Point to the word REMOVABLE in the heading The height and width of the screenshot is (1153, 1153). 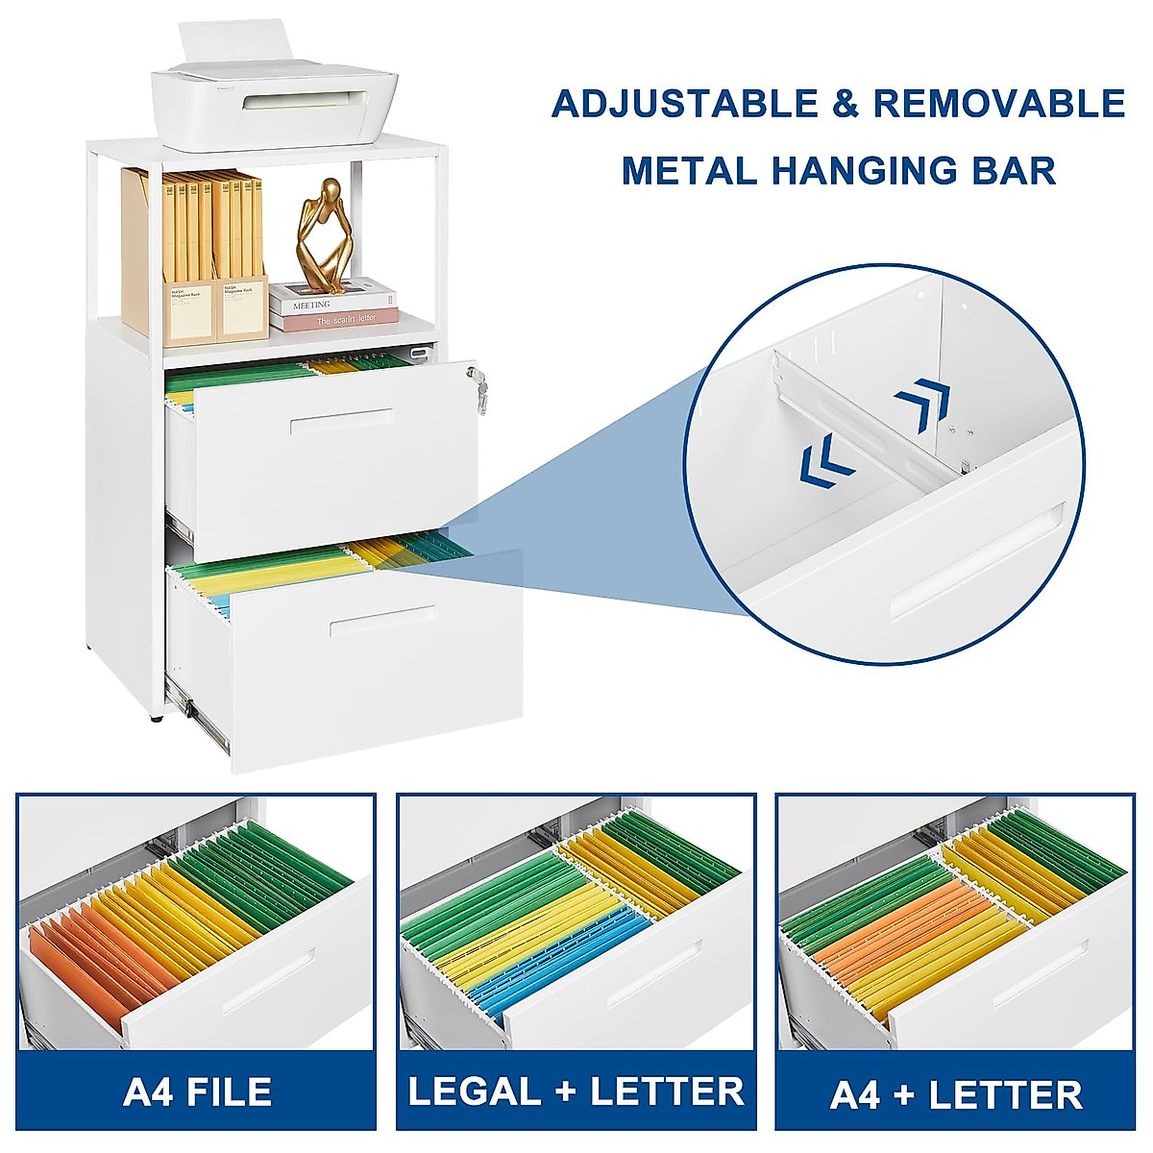coord(999,104)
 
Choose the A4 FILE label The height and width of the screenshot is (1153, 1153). coord(197,1092)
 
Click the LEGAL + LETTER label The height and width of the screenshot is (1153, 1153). coord(576,1092)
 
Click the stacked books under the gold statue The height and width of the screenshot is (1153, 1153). coord(332,305)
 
